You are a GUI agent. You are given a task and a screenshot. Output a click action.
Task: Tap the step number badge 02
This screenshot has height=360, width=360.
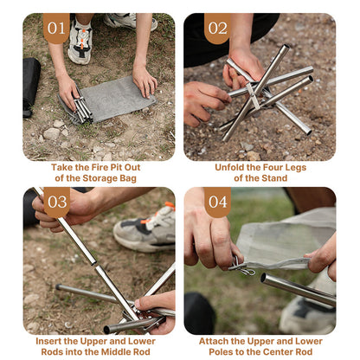(216, 28)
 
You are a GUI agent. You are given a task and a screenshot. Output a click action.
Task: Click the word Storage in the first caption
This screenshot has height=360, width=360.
(107, 178)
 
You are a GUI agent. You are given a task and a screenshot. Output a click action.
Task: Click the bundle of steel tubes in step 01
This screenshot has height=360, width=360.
(80, 107)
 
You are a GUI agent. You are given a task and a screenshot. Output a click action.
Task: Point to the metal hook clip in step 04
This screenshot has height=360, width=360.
(241, 267)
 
